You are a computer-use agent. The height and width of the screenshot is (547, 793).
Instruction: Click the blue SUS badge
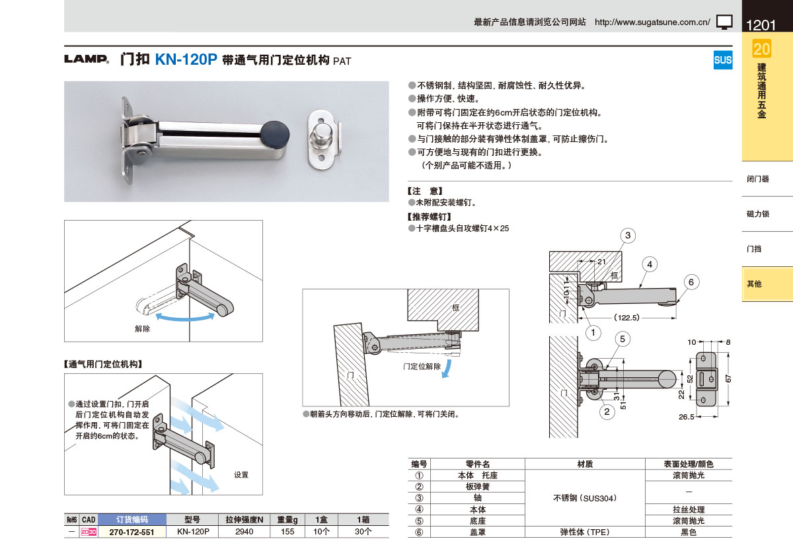click(x=722, y=60)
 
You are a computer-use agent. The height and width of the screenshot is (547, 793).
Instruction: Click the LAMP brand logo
click(x=87, y=59)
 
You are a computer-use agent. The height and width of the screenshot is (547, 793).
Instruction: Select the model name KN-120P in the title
click(x=186, y=59)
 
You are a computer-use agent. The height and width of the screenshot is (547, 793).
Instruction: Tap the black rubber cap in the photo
click(x=275, y=135)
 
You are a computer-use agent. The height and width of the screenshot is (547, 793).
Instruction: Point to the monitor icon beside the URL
click(x=724, y=22)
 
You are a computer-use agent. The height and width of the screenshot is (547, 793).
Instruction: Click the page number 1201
click(x=761, y=25)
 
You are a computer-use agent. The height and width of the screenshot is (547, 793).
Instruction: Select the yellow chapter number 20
click(x=762, y=49)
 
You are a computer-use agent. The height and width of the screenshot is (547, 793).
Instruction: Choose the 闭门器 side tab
click(x=758, y=179)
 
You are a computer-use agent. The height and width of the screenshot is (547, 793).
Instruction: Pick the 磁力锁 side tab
click(x=758, y=213)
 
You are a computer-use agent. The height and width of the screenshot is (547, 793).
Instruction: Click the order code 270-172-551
click(x=132, y=532)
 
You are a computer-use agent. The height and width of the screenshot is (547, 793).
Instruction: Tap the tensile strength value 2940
click(x=245, y=531)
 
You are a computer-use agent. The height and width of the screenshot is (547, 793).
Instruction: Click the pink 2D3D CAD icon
click(x=89, y=532)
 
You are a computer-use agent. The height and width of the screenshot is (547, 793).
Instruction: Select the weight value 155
click(x=287, y=531)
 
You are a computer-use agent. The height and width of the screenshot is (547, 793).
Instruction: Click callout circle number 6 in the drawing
click(x=691, y=282)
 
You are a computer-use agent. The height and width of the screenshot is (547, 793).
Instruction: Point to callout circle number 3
click(x=628, y=235)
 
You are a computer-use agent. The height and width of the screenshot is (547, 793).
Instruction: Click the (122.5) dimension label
click(x=626, y=317)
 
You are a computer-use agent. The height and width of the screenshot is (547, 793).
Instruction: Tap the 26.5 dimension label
click(x=687, y=417)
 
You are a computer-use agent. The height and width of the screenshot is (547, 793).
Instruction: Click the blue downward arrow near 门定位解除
click(x=447, y=369)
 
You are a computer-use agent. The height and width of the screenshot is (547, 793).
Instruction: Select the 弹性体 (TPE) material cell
click(x=585, y=532)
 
